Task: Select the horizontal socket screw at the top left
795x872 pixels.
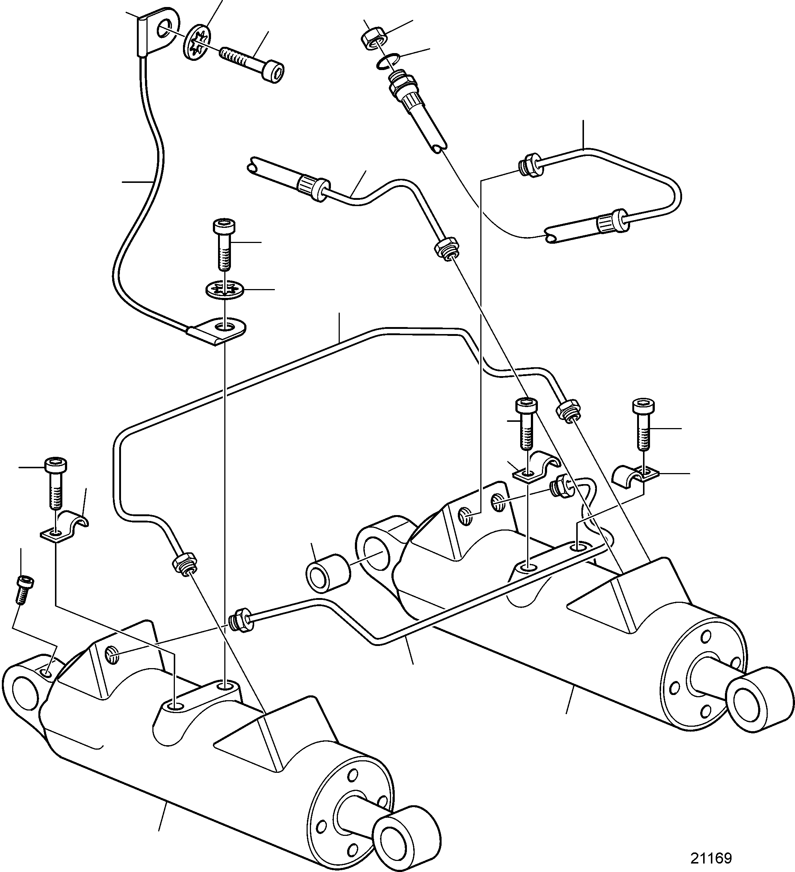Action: pos(253,63)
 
